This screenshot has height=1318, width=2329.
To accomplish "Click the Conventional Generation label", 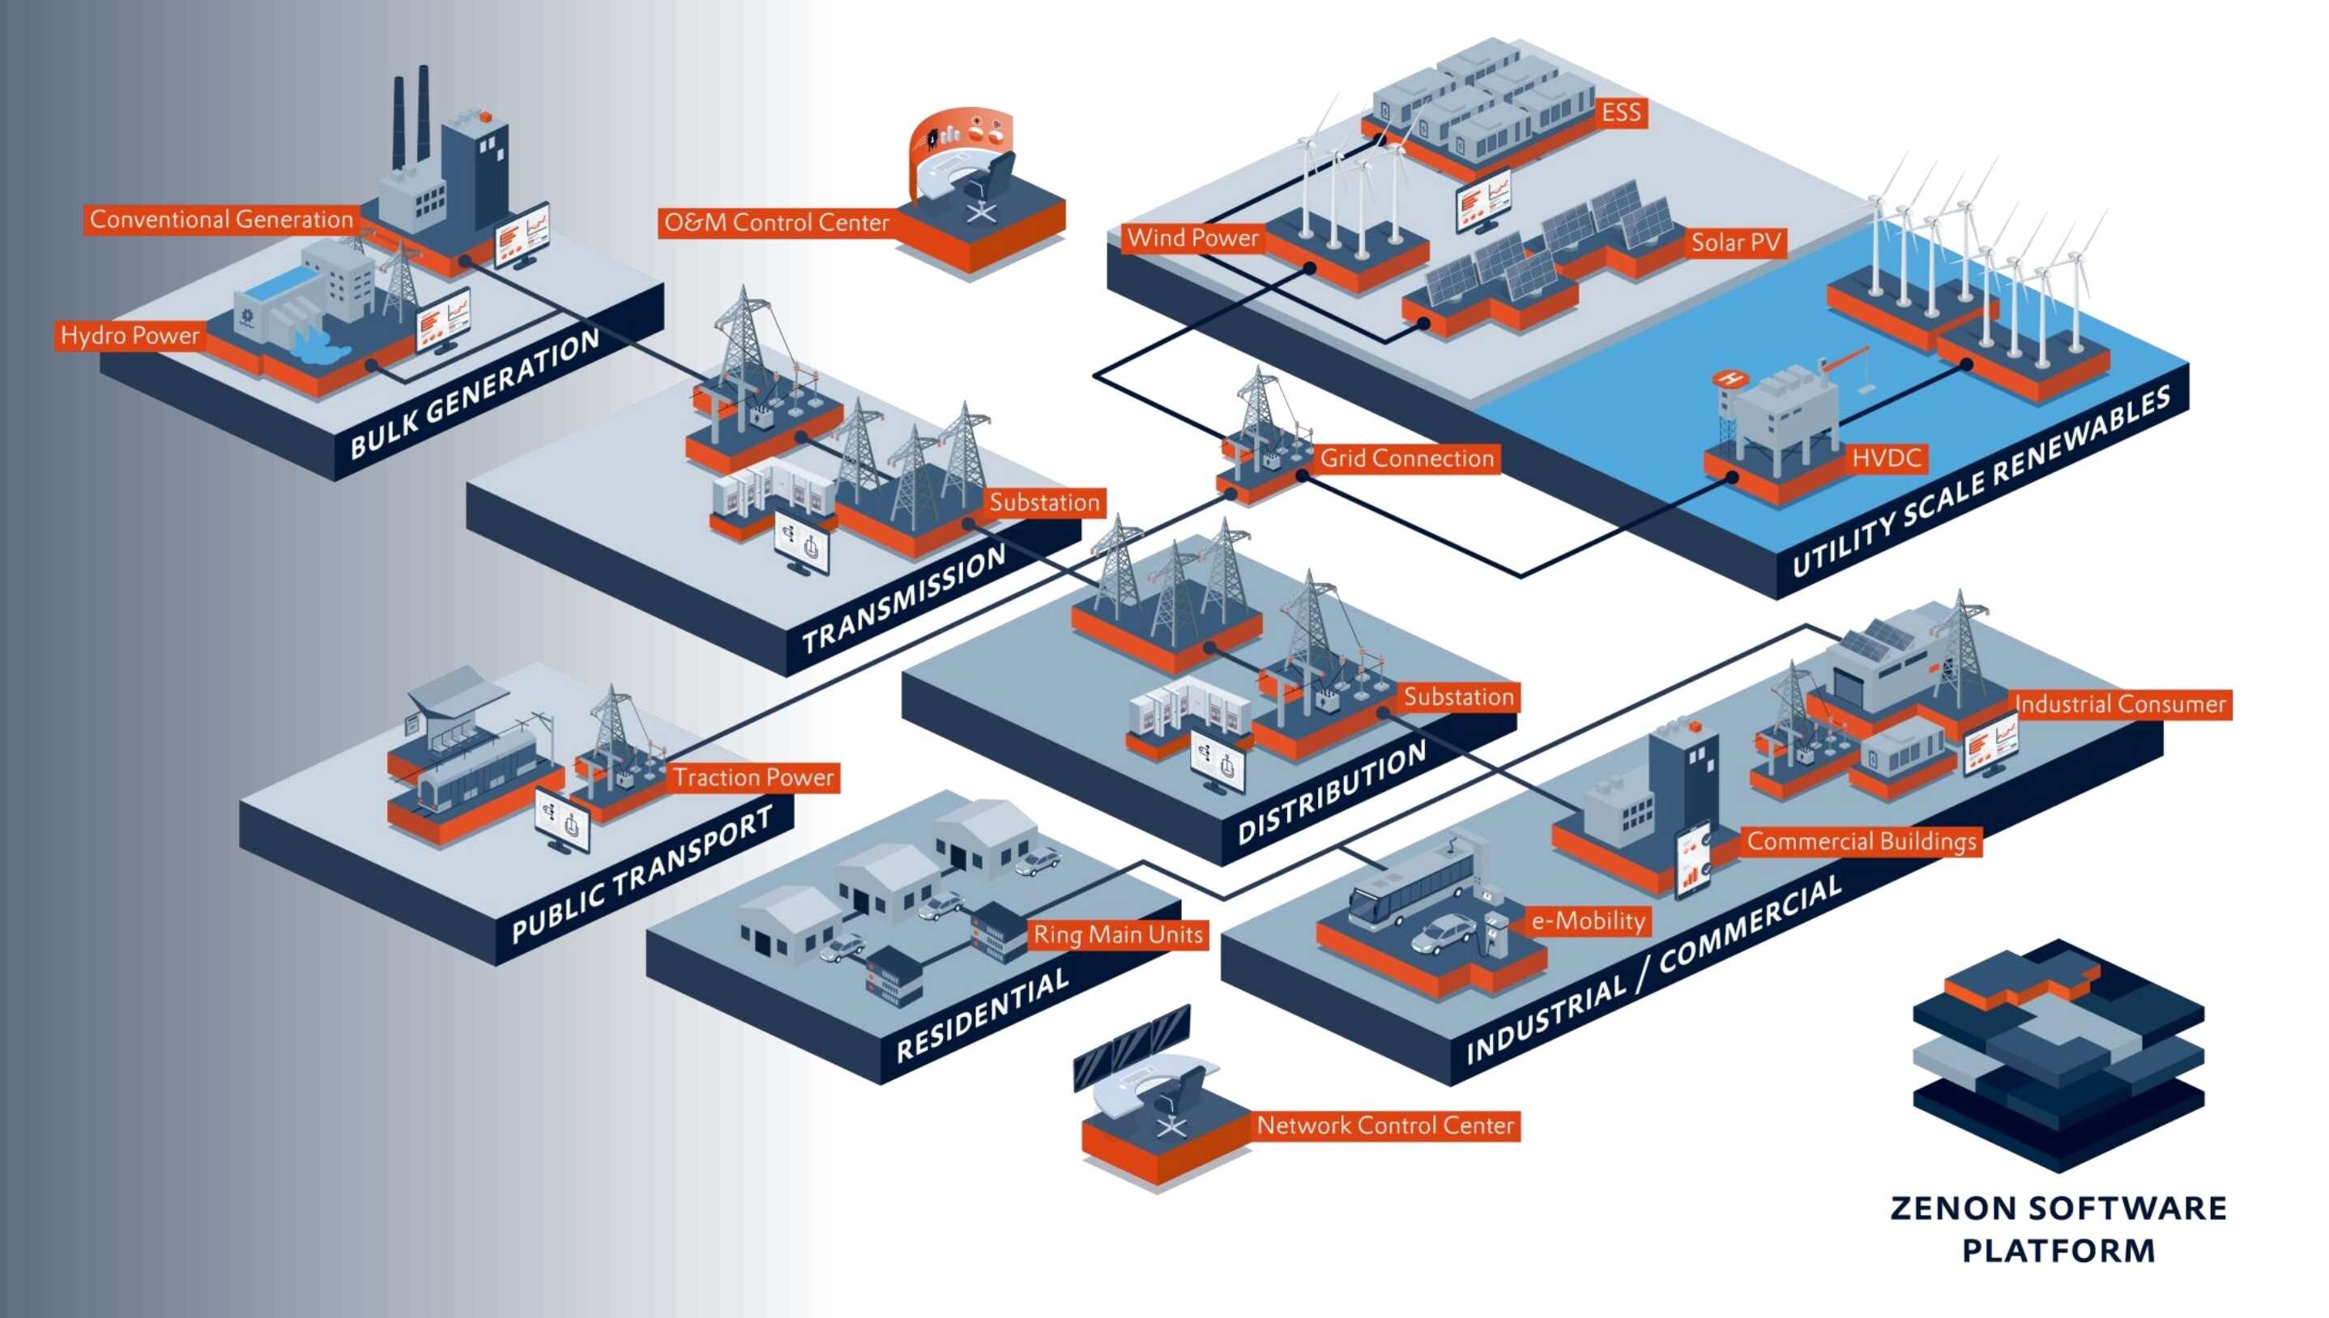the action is [x=221, y=220].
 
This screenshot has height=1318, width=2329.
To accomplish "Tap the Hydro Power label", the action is [x=130, y=336].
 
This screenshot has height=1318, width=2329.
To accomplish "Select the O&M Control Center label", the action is [x=776, y=223].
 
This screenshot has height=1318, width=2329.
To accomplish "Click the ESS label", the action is [x=1620, y=113].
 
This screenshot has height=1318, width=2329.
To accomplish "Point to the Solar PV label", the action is [x=1735, y=243].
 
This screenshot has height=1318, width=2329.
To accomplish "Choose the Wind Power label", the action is [x=1192, y=238].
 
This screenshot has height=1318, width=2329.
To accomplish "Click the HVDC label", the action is [x=1885, y=458].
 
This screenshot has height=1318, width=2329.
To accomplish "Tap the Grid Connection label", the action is [x=1406, y=459].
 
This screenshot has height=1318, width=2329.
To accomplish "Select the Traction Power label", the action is [x=753, y=777].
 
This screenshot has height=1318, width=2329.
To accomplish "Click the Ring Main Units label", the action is [x=1118, y=934].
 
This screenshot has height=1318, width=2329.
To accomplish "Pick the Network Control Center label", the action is [x=1384, y=1126].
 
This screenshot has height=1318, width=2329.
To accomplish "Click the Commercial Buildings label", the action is [x=1861, y=842].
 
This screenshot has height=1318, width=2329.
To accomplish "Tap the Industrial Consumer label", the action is [x=2120, y=704].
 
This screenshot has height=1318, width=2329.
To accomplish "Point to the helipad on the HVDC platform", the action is [x=1730, y=378].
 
